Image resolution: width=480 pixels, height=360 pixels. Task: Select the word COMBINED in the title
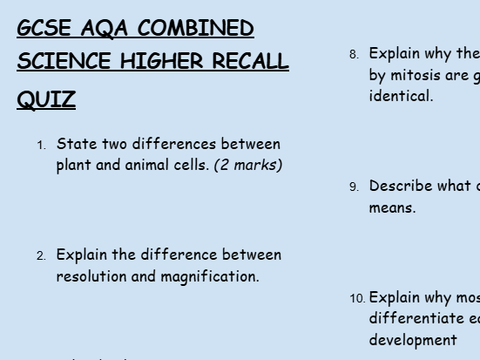coord(196,29)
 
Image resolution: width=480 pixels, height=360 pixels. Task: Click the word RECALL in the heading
coord(249,62)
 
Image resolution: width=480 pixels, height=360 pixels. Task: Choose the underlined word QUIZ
coord(46,100)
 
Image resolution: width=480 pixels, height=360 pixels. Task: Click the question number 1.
coord(41,146)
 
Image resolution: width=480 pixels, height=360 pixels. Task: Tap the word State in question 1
coord(77,144)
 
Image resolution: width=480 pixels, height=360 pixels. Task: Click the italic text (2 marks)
coord(248,165)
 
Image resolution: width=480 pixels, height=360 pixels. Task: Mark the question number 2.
coord(41,256)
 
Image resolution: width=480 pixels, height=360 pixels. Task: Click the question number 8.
coord(354,55)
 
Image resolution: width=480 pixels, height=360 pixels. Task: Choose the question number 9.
coord(354,187)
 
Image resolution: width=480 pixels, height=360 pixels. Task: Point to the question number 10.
coord(357,299)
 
